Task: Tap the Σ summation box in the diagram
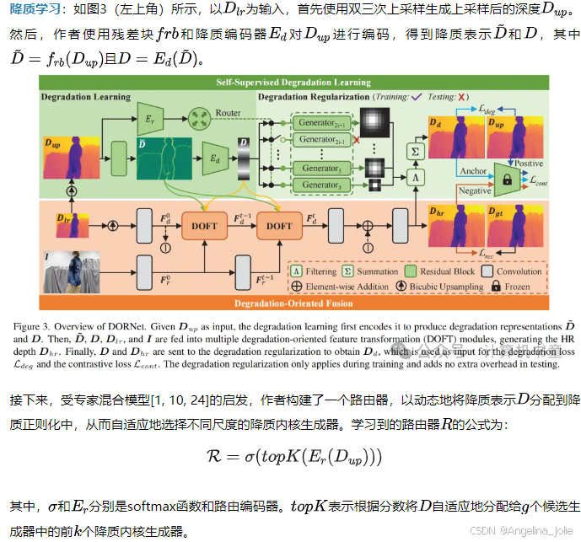tap(414, 149)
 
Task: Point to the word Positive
tap(529, 164)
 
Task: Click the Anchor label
tap(473, 171)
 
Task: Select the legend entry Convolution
tap(519, 271)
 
